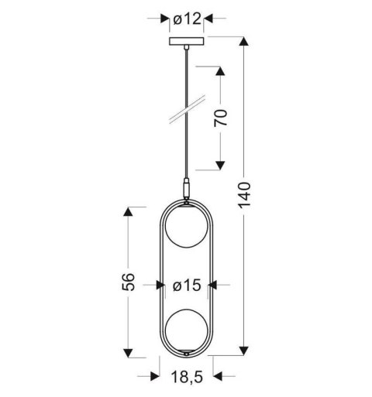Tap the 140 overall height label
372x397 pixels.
244,200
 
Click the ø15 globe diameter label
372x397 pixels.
187,286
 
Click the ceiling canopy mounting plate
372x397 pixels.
186,41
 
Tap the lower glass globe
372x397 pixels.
186,330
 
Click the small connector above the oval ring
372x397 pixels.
186,188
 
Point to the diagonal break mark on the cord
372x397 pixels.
186,109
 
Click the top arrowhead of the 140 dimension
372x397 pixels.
244,42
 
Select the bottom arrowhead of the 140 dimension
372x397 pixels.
244,351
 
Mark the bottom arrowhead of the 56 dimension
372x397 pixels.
130,351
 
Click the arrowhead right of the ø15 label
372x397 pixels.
217,286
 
